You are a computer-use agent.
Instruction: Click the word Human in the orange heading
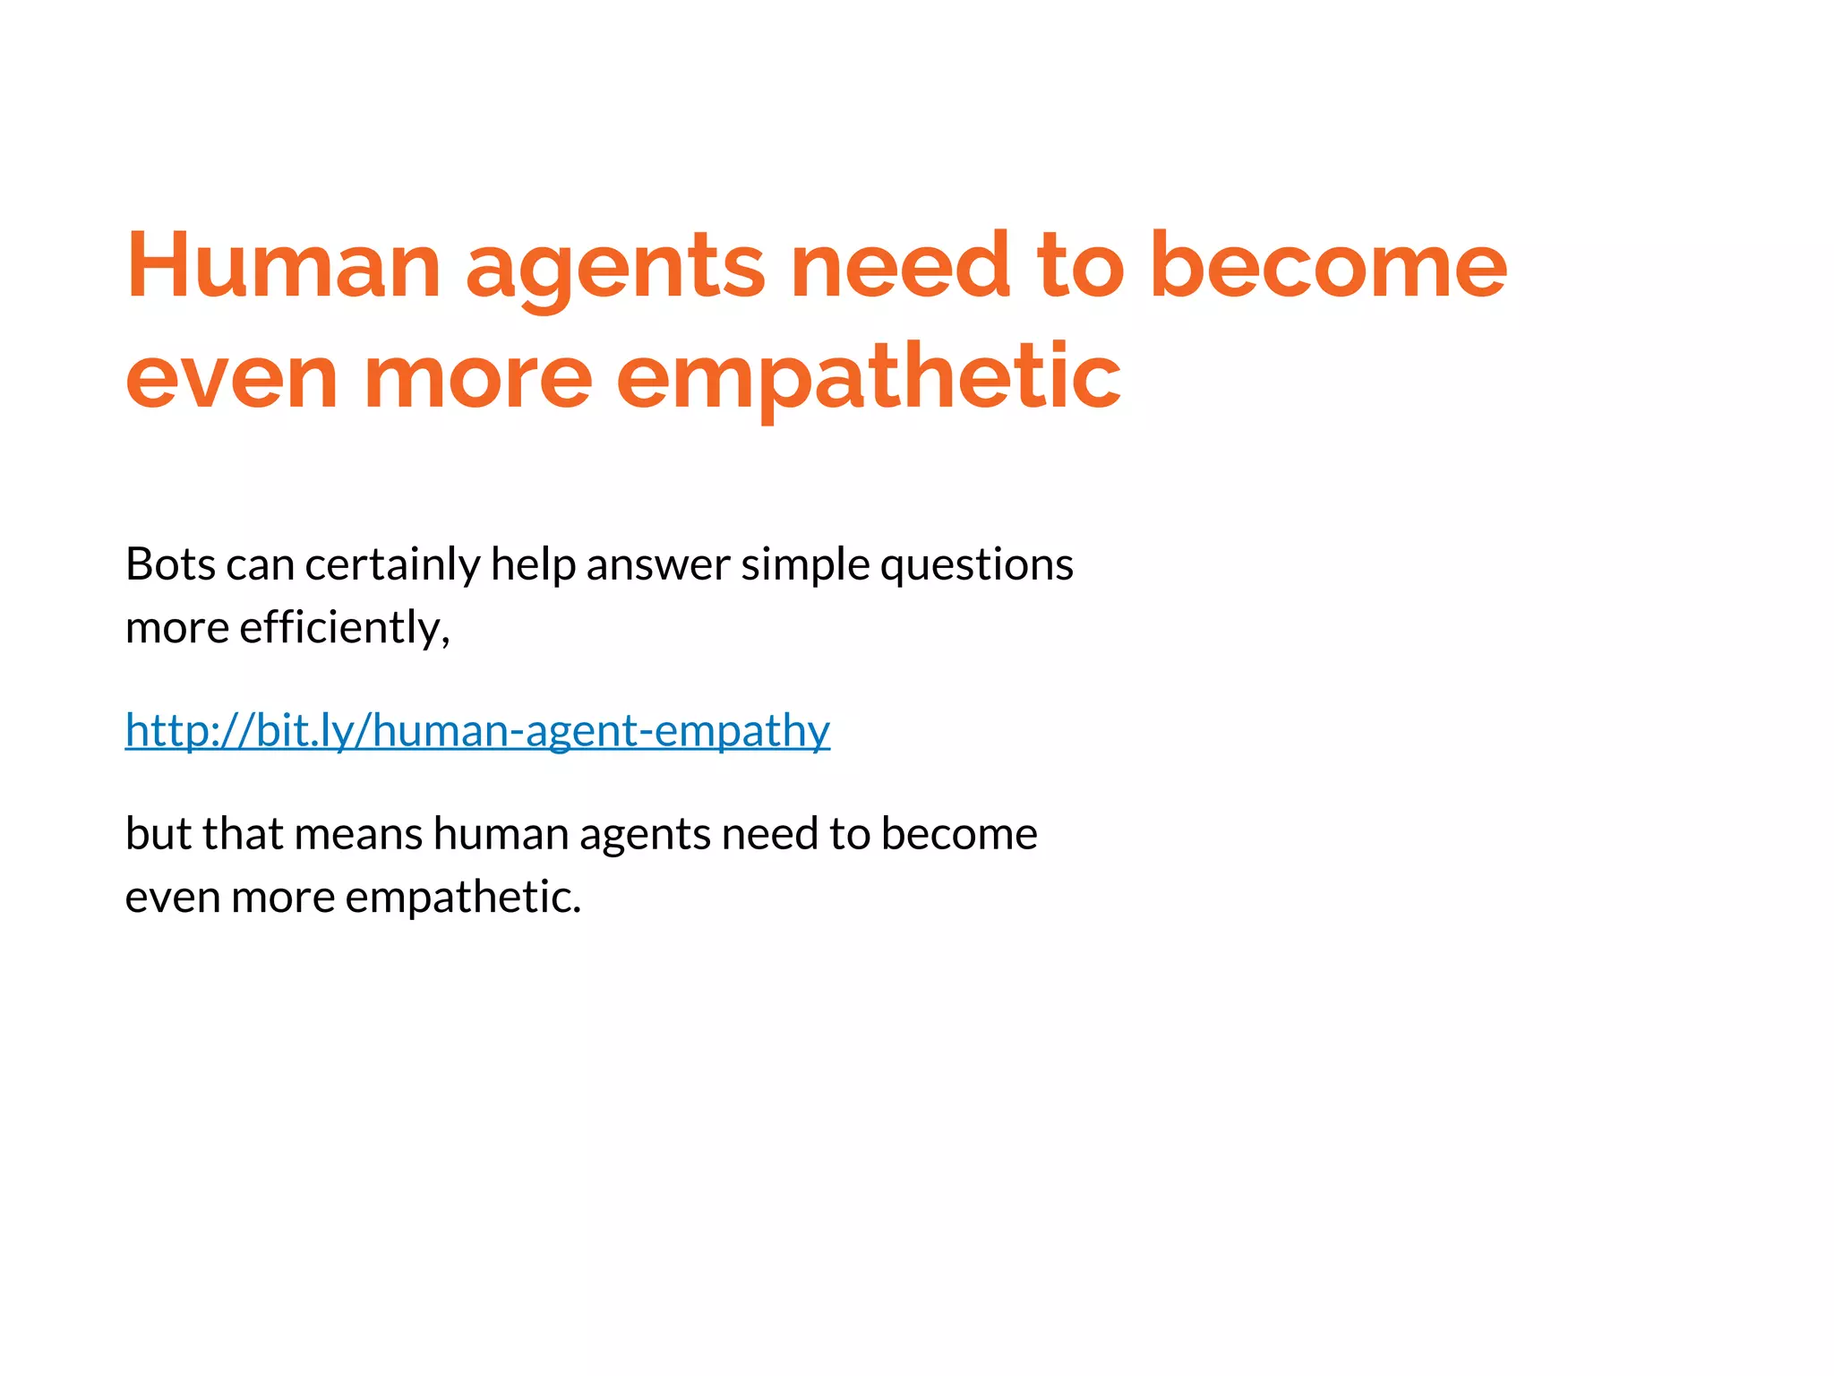pyautogui.click(x=283, y=266)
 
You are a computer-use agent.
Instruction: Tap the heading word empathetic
pyautogui.click(x=868, y=378)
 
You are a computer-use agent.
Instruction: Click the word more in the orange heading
pyautogui.click(x=477, y=378)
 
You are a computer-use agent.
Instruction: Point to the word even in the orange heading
pyautogui.click(x=231, y=378)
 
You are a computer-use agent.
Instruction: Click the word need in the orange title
pyautogui.click(x=901, y=266)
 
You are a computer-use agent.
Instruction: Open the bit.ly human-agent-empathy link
pyautogui.click(x=477, y=730)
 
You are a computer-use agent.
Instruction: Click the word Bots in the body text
pyautogui.click(x=170, y=565)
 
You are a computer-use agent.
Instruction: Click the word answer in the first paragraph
pyautogui.click(x=658, y=565)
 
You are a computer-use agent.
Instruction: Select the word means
pyautogui.click(x=358, y=834)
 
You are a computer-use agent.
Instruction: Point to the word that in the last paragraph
pyautogui.click(x=243, y=834)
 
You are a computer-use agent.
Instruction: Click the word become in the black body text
pyautogui.click(x=959, y=834)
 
